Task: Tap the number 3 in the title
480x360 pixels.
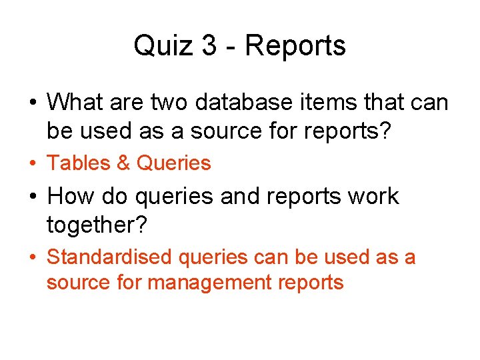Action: coord(209,46)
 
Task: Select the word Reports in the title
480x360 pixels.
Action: coord(295,46)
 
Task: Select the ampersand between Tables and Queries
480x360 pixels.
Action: coord(123,163)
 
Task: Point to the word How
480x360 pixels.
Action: coord(71,196)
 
